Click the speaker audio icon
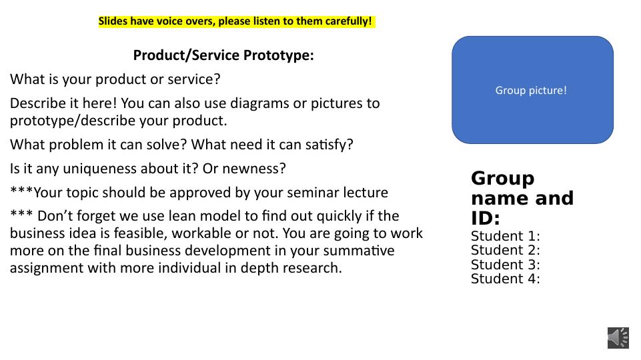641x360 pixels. click(618, 338)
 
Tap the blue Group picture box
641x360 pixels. click(532, 90)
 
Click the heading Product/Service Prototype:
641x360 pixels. click(223, 55)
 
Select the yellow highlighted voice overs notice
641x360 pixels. click(237, 21)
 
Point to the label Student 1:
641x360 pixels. click(506, 236)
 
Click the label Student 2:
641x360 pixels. click(506, 250)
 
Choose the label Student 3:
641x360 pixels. click(506, 265)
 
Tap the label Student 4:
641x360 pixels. click(506, 279)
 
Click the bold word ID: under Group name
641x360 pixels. click(485, 218)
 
